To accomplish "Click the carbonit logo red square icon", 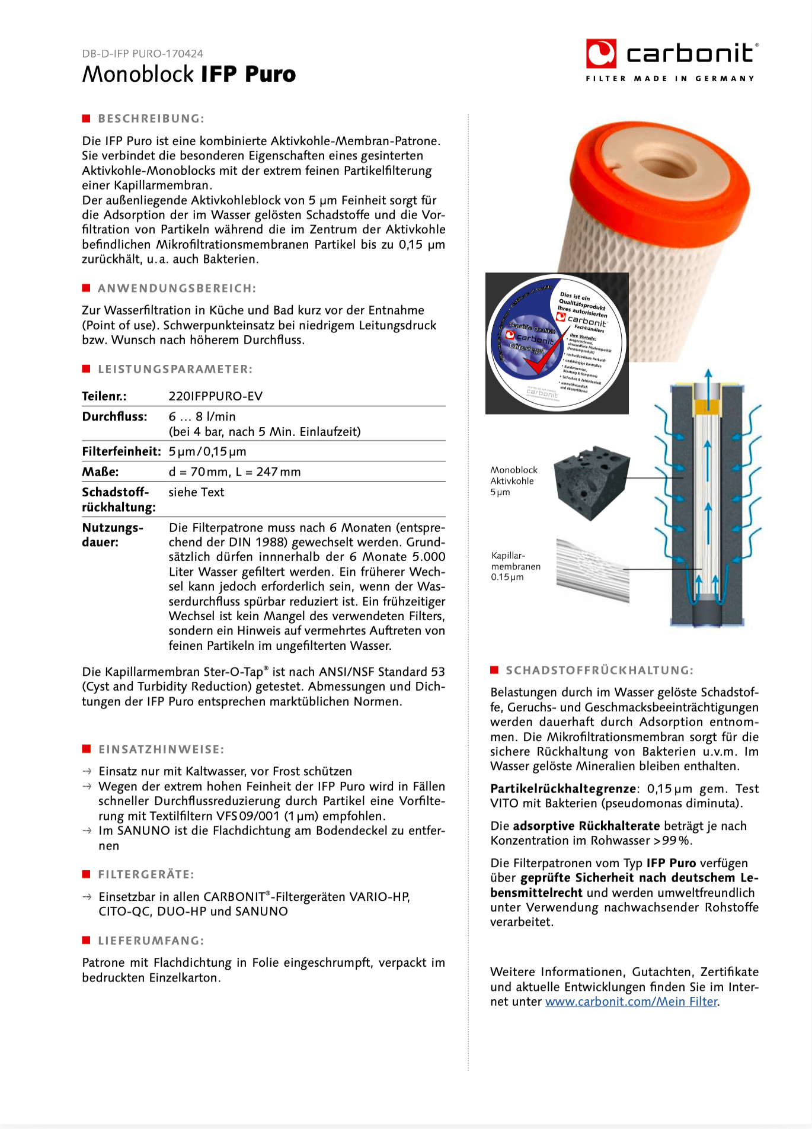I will [601, 54].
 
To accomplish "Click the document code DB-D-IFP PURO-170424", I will [142, 53].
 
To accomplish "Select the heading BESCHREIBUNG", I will [151, 118].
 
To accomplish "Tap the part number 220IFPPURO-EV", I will [215, 396].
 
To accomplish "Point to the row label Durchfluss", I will [114, 416].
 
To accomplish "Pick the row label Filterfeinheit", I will [122, 451].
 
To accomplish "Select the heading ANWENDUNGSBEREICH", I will [177, 288].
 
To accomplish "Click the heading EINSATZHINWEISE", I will [161, 749].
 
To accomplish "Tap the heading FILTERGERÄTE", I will [146, 874].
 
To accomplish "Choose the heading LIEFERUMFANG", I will [151, 941].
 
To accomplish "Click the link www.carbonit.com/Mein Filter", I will [631, 1002].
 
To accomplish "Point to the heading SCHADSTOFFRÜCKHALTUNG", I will [599, 671].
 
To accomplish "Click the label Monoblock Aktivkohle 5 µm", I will [513, 481].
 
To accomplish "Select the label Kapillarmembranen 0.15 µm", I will [516, 566].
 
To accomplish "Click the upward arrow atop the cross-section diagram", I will [708, 379].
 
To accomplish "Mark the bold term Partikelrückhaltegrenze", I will [563, 789].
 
